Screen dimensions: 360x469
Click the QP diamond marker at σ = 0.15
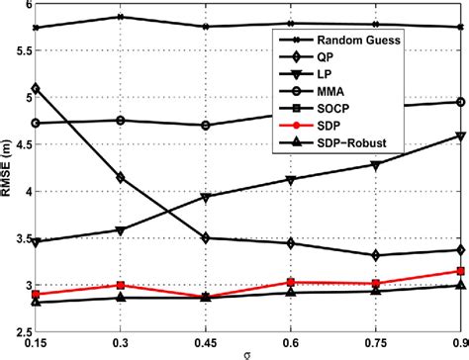point(36,89)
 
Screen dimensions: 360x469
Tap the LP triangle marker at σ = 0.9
point(460,135)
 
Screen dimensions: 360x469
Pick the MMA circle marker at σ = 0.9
point(460,102)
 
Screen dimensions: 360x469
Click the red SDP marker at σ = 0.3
point(120,285)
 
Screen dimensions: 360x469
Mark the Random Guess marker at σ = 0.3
point(120,17)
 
